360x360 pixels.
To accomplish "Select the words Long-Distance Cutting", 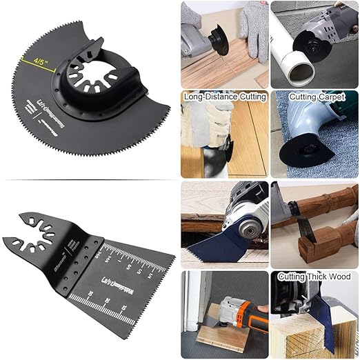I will pos(225,98).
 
